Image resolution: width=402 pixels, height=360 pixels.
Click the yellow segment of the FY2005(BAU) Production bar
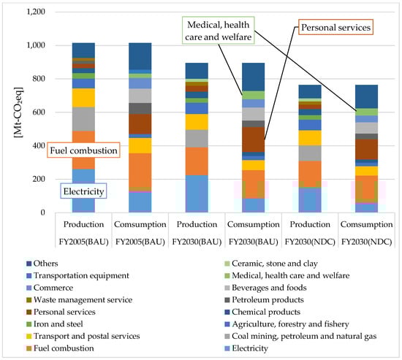point(83,98)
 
